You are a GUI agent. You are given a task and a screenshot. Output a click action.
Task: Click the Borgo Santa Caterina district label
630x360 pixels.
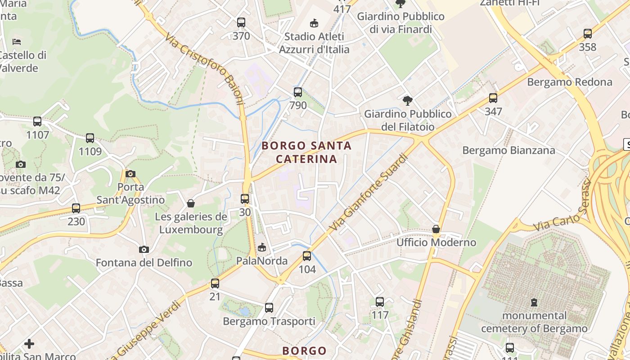point(306,152)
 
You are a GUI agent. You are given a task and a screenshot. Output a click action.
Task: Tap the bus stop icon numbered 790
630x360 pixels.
point(298,92)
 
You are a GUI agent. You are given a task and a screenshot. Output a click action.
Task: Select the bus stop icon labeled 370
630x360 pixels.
point(241,22)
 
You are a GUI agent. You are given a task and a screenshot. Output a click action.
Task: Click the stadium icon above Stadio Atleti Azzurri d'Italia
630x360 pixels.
point(314,23)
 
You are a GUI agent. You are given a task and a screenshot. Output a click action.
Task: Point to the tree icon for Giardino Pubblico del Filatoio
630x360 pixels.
point(408,100)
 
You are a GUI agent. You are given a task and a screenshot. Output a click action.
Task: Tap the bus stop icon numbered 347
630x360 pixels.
point(493,98)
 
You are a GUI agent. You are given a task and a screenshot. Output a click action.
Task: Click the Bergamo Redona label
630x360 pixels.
point(569,82)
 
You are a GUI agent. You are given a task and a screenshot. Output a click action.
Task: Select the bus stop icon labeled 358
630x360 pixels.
point(588,33)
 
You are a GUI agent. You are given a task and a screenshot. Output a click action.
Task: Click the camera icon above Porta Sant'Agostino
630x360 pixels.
point(130,174)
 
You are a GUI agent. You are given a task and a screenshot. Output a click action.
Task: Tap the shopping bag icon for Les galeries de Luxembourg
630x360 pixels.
point(191,203)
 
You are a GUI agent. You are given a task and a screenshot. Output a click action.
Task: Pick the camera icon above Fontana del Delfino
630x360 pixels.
point(144,249)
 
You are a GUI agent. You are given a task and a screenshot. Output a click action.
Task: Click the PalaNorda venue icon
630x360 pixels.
point(262,247)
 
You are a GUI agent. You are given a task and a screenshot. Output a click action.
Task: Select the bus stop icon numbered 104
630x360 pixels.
point(307,256)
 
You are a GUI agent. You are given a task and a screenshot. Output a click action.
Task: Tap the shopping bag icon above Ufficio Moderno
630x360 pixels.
point(436,229)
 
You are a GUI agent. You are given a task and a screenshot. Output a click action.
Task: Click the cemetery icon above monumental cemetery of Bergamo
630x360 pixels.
point(534,302)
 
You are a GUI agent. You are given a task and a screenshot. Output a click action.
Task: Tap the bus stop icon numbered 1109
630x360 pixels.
point(90,138)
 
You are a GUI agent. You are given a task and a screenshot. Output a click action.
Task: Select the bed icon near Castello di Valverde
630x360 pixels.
point(17,42)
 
